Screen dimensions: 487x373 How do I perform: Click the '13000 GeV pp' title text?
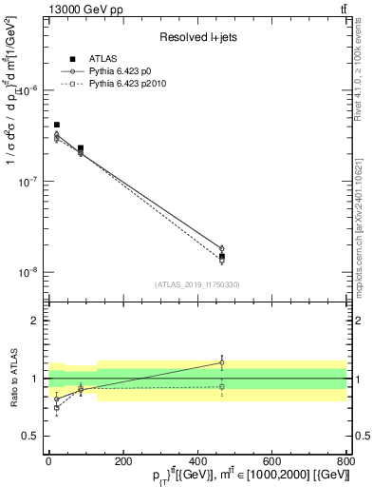[x=83, y=9]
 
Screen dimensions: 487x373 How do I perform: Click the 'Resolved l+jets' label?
[x=196, y=37]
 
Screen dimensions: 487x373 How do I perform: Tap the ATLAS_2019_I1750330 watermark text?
[x=196, y=284]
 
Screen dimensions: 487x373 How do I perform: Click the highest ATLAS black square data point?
[x=57, y=125]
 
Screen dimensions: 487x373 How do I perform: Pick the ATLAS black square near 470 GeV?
[x=221, y=257]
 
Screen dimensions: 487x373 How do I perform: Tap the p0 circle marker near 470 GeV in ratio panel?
[x=221, y=362]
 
